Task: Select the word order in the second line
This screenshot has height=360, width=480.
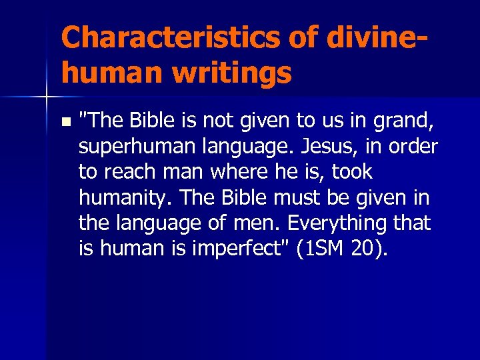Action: (x=415, y=146)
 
